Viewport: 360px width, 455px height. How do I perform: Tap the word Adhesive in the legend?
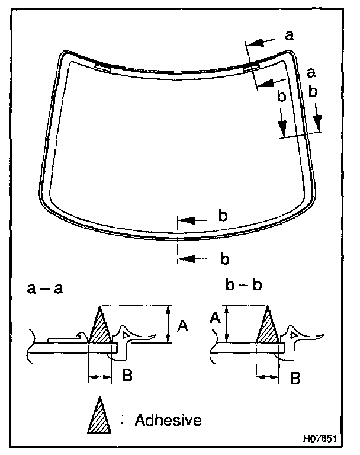point(168,421)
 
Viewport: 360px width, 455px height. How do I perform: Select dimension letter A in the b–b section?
point(215,319)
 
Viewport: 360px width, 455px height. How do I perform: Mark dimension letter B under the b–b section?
point(294,377)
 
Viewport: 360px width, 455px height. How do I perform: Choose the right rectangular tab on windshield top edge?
point(250,66)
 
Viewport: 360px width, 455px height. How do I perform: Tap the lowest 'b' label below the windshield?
point(224,259)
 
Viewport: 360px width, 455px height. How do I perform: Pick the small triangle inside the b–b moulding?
point(294,335)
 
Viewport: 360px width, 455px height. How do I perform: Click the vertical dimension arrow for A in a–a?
point(169,324)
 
